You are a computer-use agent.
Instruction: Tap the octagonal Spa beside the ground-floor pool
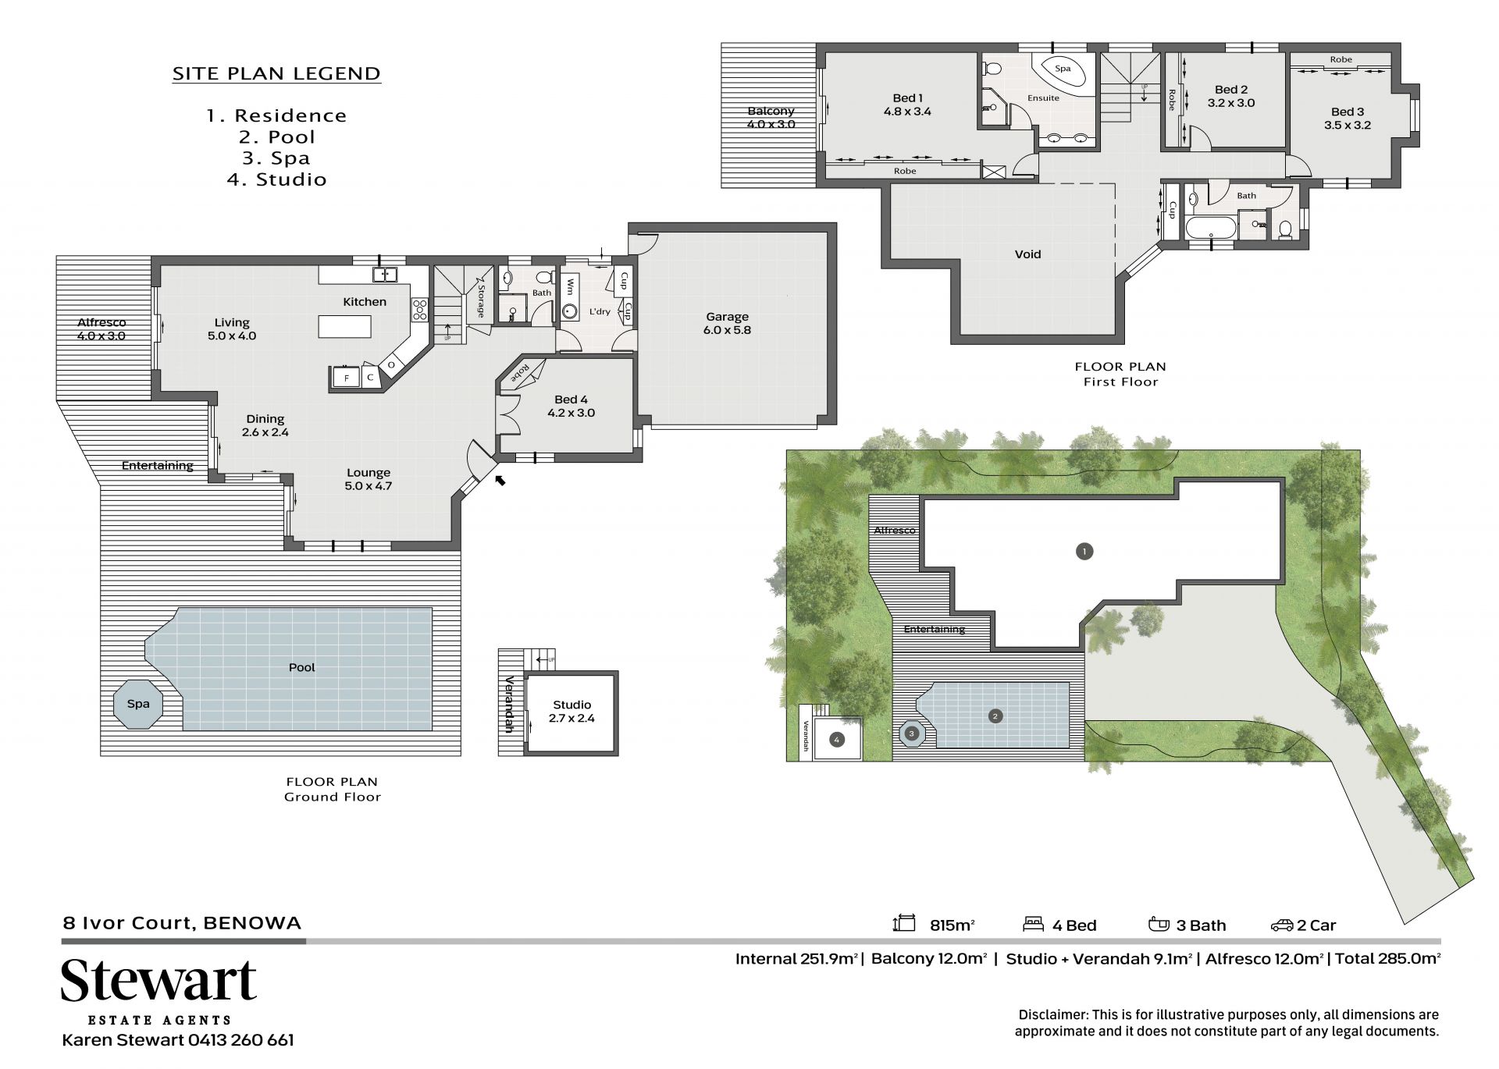(138, 705)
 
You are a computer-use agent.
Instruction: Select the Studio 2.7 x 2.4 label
(571, 712)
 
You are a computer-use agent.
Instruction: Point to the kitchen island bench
(344, 326)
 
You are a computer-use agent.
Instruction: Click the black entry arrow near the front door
(500, 479)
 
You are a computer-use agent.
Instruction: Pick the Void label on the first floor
(1027, 254)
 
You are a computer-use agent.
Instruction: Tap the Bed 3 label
(1348, 119)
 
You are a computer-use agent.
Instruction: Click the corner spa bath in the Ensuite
(1062, 73)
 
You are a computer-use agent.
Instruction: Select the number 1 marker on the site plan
(1084, 552)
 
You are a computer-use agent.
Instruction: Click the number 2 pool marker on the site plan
(995, 716)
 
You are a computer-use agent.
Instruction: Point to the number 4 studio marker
(836, 739)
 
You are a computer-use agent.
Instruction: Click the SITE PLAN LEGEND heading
(276, 74)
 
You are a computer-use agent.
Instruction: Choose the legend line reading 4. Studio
(276, 179)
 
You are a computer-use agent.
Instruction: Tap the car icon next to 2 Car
(1282, 925)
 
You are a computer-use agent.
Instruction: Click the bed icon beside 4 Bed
(1034, 925)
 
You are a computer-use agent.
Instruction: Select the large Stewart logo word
(159, 980)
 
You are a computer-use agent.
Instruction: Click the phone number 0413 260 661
(240, 1040)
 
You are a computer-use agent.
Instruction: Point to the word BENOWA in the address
(252, 923)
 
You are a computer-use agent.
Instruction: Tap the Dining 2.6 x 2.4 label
(265, 425)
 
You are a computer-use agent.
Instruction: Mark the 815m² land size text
(952, 925)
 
